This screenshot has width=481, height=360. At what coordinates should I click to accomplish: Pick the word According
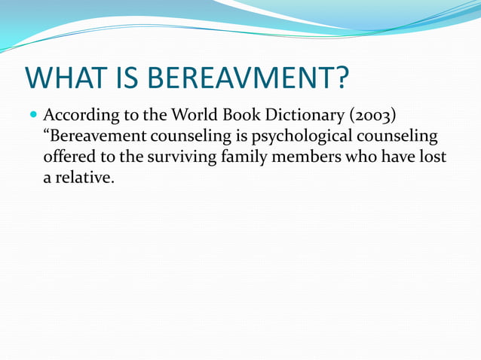(79, 117)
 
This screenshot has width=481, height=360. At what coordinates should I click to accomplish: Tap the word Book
(246, 117)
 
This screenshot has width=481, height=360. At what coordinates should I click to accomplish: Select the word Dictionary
(308, 117)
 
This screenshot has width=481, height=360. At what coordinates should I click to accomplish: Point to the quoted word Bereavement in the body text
(96, 138)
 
